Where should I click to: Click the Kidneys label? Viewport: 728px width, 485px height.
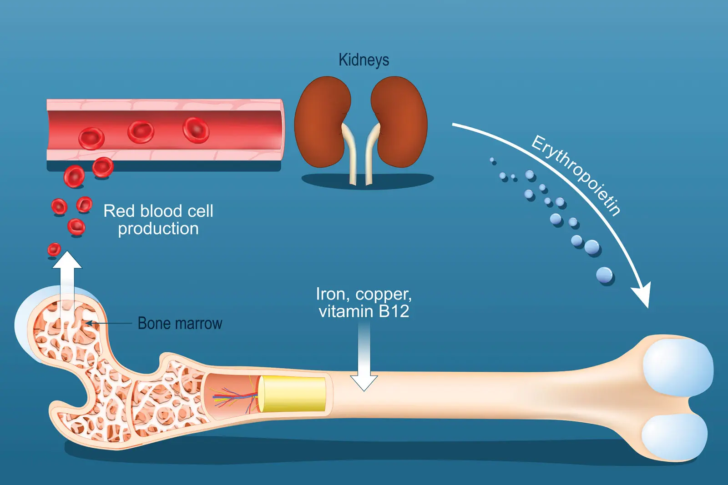click(364, 60)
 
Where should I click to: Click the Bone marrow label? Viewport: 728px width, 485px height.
click(180, 324)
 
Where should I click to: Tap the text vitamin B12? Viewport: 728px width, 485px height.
click(364, 312)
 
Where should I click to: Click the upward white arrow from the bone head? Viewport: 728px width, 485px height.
click(67, 277)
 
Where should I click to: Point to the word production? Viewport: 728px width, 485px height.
click(158, 229)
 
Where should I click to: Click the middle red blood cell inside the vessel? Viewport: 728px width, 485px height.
click(141, 131)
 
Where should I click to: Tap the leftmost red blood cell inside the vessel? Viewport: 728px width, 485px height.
click(91, 138)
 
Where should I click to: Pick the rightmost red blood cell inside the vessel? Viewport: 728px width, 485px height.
click(196, 130)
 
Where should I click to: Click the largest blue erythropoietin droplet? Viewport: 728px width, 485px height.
click(605, 275)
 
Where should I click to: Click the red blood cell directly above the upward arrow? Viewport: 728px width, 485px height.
click(54, 250)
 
